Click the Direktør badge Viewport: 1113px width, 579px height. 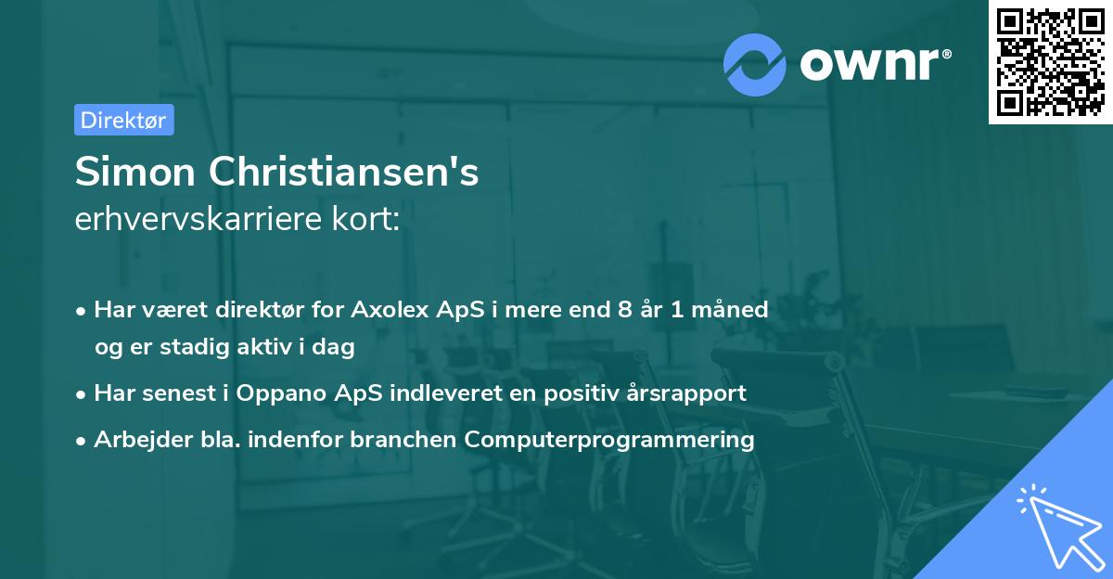pyautogui.click(x=123, y=120)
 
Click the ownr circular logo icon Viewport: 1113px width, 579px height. pyautogui.click(x=755, y=64)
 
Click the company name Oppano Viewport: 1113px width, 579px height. pyautogui.click(x=275, y=393)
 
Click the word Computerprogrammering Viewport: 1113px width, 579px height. pyautogui.click(x=609, y=440)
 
